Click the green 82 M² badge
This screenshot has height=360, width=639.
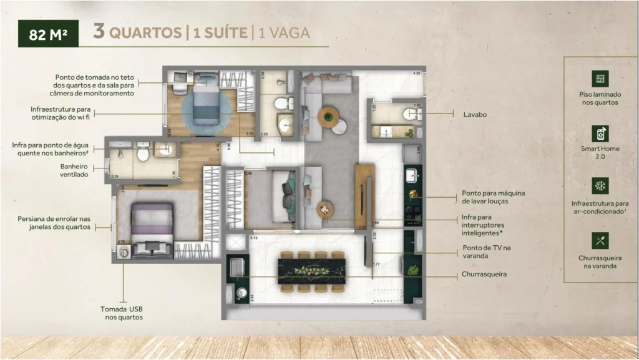coord(49,34)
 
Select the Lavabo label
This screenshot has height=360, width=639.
coord(475,115)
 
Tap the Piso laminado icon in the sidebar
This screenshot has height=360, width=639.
coord(600,79)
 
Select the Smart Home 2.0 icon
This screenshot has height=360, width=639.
coord(600,133)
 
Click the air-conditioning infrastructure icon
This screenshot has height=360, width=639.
coord(600,186)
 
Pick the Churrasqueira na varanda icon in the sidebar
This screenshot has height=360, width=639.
coord(600,241)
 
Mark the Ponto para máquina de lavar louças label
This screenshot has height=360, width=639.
coord(493,198)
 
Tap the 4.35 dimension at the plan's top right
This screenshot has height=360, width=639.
coord(416,74)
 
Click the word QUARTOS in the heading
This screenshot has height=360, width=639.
coord(145,32)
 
